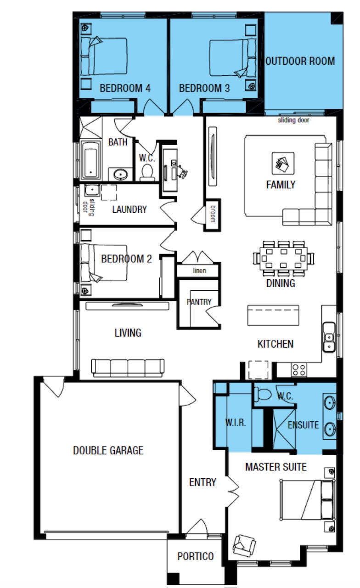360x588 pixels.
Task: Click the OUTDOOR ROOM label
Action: pyautogui.click(x=300, y=61)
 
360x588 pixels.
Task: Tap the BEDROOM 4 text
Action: pyautogui.click(x=125, y=88)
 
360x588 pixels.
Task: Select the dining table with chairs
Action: pyautogui.click(x=284, y=258)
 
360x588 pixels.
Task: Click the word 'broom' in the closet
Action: pyautogui.click(x=213, y=214)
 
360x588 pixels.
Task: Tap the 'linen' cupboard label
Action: pyautogui.click(x=199, y=271)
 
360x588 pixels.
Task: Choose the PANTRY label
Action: pyautogui.click(x=199, y=302)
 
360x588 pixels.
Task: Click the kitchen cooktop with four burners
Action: pyautogui.click(x=298, y=370)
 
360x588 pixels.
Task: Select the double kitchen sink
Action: pyautogui.click(x=329, y=337)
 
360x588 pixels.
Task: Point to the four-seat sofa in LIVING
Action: pyautogui.click(x=128, y=368)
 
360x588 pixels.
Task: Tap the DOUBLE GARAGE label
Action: pyautogui.click(x=108, y=451)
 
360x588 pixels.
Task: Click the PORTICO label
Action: pyautogui.click(x=196, y=556)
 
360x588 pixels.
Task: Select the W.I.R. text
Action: pyautogui.click(x=236, y=423)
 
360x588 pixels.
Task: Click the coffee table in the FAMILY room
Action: pyautogui.click(x=283, y=163)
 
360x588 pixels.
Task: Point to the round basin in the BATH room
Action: pyautogui.click(x=120, y=175)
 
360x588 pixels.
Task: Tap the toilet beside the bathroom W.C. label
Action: pyautogui.click(x=147, y=173)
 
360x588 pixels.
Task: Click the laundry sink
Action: pyautogui.click(x=92, y=190)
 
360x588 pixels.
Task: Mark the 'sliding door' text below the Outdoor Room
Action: pyautogui.click(x=293, y=120)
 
